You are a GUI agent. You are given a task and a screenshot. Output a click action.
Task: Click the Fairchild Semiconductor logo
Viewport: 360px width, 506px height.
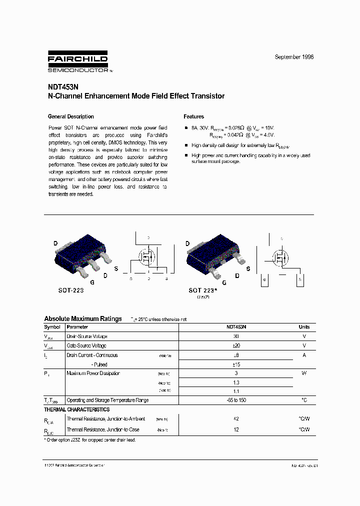[x=77, y=62]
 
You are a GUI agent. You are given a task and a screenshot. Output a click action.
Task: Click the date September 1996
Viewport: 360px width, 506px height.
[x=294, y=57]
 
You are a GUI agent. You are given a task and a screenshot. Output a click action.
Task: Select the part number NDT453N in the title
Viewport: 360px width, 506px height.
[x=61, y=86]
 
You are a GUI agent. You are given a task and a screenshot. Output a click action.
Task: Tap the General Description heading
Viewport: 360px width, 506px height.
[x=70, y=116]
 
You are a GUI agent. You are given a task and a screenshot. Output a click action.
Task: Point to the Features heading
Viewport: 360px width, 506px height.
[x=193, y=116]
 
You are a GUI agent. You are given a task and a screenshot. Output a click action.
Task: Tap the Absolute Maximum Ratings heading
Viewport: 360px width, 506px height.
[x=82, y=318]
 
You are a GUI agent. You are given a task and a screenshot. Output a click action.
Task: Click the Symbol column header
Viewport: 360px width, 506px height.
[x=52, y=327]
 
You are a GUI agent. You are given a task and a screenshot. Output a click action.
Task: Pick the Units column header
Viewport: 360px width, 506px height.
[x=304, y=327]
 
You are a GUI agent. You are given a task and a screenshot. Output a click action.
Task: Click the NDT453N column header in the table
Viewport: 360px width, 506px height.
[x=236, y=327]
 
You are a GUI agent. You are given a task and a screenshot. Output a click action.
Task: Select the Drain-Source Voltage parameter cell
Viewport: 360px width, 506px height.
[x=87, y=336]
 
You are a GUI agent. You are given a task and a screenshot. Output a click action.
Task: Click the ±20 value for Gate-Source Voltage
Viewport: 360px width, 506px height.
[x=236, y=345]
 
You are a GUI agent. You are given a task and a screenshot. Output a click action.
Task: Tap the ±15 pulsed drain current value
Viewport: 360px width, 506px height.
[x=236, y=364]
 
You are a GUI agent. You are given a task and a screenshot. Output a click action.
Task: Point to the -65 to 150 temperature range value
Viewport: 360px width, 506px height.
[x=236, y=400]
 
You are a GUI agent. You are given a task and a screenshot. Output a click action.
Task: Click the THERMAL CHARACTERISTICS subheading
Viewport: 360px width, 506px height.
[x=76, y=409]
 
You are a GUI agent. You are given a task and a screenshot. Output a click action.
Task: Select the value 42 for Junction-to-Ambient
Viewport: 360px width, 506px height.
[x=236, y=419]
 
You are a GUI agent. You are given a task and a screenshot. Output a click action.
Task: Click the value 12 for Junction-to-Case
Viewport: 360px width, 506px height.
[x=236, y=429]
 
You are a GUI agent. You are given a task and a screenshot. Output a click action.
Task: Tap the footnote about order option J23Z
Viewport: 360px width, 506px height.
[x=90, y=440]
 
